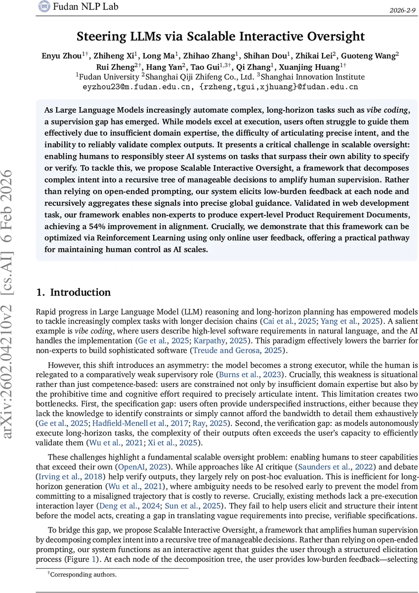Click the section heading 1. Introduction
(74, 292)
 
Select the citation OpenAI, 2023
(136, 467)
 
